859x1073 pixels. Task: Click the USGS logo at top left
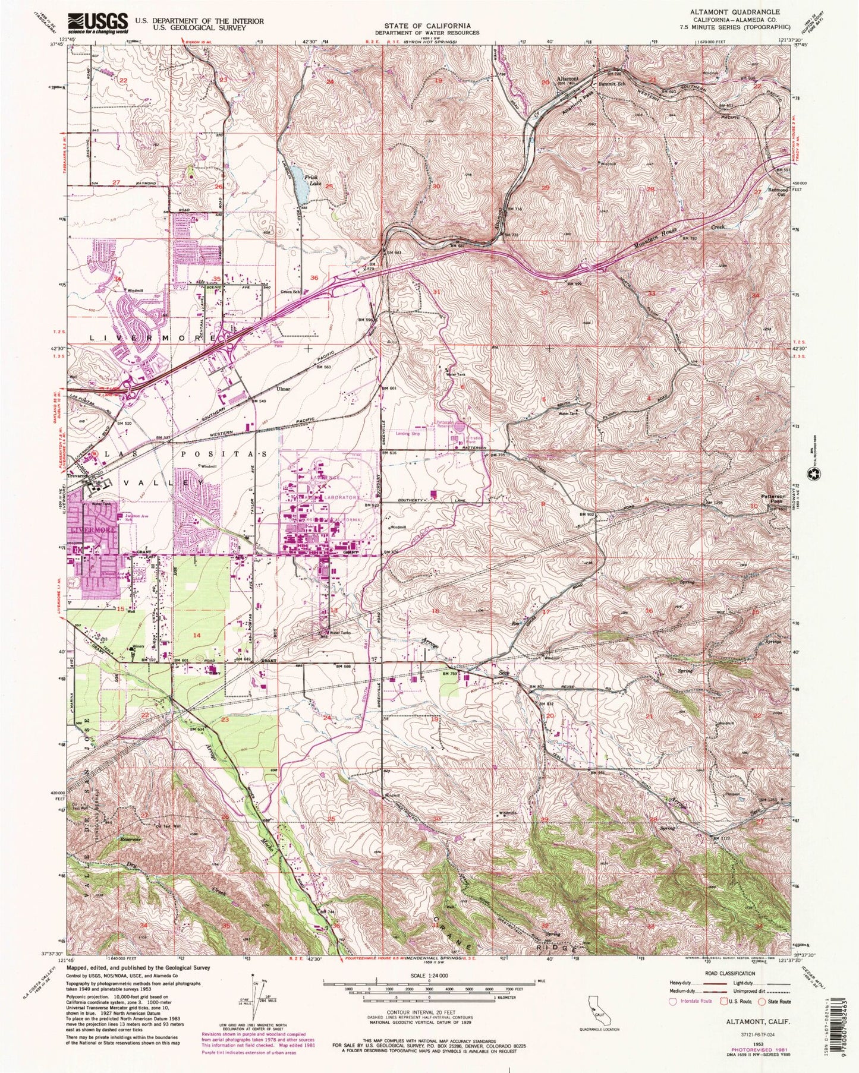[x=97, y=24]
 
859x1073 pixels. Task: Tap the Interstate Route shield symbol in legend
[x=674, y=1002]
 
